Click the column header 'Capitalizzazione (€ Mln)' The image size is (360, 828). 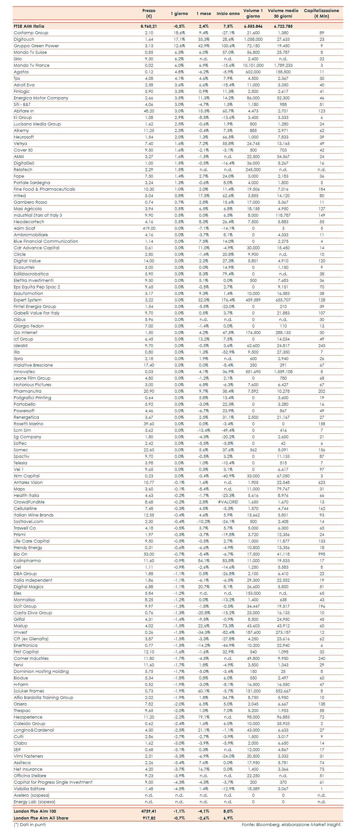pos(321,13)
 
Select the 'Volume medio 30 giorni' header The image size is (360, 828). pos(283,13)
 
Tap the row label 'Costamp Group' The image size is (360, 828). pos(31,33)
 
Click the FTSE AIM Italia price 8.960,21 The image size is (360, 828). pos(149,26)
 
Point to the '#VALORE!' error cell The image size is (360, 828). pos(228,502)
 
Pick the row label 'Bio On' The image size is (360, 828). pos(21,554)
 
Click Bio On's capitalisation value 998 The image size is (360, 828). pos(322,554)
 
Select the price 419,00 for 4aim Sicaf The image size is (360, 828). pos(149,228)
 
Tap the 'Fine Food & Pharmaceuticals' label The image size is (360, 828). pos(44,189)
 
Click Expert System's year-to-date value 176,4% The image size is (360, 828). pos(228,300)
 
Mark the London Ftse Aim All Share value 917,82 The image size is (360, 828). pos(149,818)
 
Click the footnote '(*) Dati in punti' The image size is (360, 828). pos(30,824)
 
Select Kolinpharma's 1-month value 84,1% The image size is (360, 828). pos(204,561)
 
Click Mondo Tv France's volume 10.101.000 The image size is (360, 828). pos(253,65)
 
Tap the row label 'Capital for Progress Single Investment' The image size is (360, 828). pos(53,782)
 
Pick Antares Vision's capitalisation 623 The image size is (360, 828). pos(322,483)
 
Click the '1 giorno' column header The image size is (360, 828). pos(179,14)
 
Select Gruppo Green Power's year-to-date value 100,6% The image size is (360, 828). pos(228,46)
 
